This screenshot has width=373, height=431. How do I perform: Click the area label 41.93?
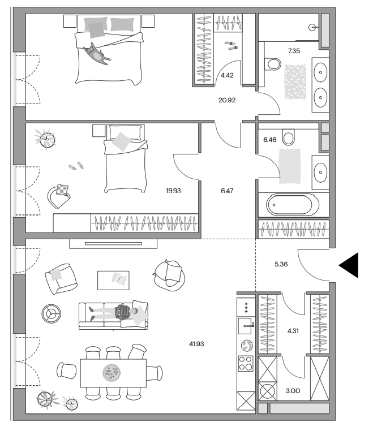pyautogui.click(x=196, y=344)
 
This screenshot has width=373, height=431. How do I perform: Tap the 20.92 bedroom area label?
pyautogui.click(x=227, y=100)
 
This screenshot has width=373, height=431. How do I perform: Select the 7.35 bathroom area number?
pyautogui.click(x=294, y=51)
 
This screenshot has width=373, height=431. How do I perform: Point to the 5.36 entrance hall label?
pyautogui.click(x=281, y=264)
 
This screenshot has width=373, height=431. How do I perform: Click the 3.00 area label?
pyautogui.click(x=293, y=391)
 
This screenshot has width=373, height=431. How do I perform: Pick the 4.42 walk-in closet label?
pyautogui.click(x=227, y=75)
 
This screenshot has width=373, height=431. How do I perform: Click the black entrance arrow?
pyautogui.click(x=349, y=265)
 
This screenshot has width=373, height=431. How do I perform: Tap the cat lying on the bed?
pyautogui.click(x=96, y=54)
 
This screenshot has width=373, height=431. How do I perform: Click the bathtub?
pyautogui.click(x=293, y=205)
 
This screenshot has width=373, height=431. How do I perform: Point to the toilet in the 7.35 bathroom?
pyautogui.click(x=272, y=64)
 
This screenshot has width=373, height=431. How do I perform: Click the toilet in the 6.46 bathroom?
pyautogui.click(x=289, y=137)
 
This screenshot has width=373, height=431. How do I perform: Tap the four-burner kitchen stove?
pyautogui.click(x=246, y=363)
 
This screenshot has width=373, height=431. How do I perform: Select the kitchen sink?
pyautogui.click(x=246, y=326)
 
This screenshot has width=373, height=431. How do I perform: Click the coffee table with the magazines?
pyautogui.click(x=113, y=280)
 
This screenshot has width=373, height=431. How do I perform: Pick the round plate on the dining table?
pyautogui.click(x=112, y=373)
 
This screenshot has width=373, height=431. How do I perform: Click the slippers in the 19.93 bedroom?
pyautogui.click(x=76, y=166)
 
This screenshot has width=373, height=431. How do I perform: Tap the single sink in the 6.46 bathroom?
pyautogui.click(x=320, y=173)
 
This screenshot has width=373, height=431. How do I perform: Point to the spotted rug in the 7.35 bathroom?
pyautogui.click(x=295, y=82)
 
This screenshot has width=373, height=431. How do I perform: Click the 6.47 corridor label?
pyautogui.click(x=227, y=191)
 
